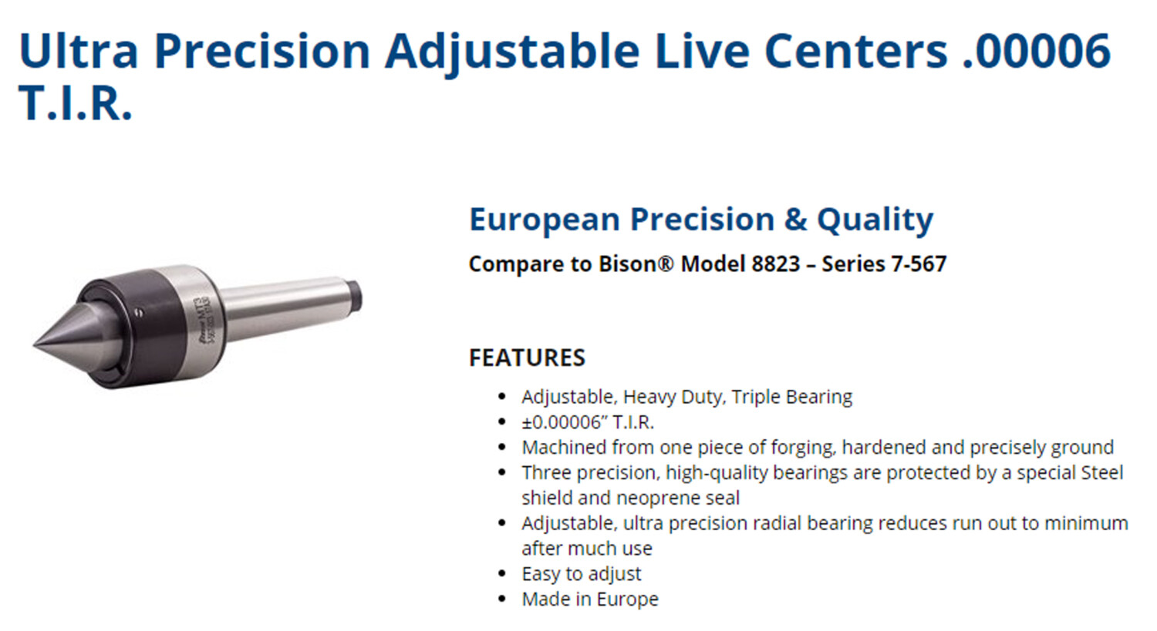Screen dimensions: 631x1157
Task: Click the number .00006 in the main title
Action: tap(1036, 52)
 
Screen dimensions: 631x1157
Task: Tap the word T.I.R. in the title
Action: tap(76, 103)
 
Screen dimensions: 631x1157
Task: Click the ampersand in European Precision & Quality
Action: tap(795, 220)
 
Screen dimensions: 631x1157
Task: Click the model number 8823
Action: tap(776, 264)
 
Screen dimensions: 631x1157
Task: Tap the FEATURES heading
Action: tap(527, 357)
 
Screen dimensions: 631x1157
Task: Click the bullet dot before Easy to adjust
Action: tap(502, 574)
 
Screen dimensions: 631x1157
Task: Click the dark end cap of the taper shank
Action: tap(354, 297)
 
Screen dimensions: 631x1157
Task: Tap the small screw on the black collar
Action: tap(139, 312)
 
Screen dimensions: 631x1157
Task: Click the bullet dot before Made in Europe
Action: tap(502, 599)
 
